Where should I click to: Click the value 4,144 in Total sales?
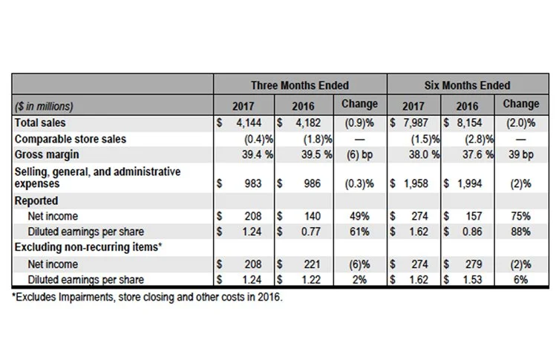pos(249,122)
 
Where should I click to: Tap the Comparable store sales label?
pos(70,138)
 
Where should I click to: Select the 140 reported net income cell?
pos(312,216)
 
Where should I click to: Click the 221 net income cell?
pos(312,264)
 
